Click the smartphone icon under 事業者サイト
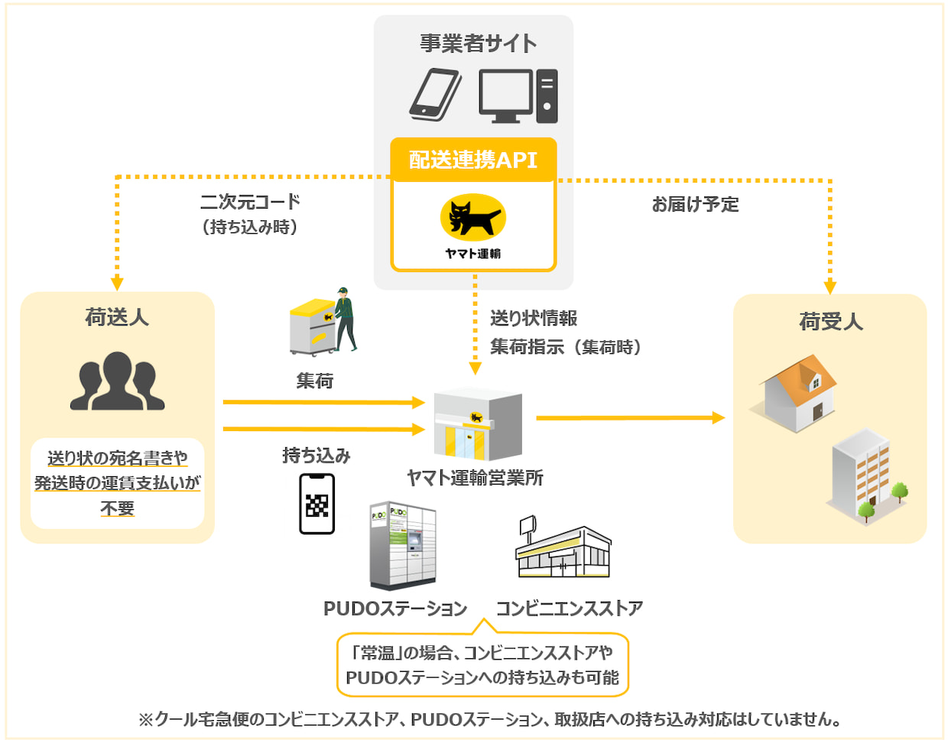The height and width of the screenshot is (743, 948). click(435, 95)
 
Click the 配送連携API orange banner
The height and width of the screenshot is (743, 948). click(473, 160)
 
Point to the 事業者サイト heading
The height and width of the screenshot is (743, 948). click(478, 44)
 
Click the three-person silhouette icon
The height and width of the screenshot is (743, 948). click(117, 381)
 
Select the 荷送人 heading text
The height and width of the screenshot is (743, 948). click(117, 317)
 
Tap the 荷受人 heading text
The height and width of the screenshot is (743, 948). click(830, 322)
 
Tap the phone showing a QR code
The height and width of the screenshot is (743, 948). click(317, 504)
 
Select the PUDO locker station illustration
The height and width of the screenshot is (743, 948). click(402, 544)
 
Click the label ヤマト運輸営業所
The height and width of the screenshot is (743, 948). click(475, 478)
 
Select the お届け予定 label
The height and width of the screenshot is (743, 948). click(695, 204)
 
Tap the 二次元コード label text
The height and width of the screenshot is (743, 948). click(250, 202)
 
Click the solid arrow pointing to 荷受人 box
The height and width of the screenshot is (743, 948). click(630, 418)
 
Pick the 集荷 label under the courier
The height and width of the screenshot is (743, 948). click(315, 380)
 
